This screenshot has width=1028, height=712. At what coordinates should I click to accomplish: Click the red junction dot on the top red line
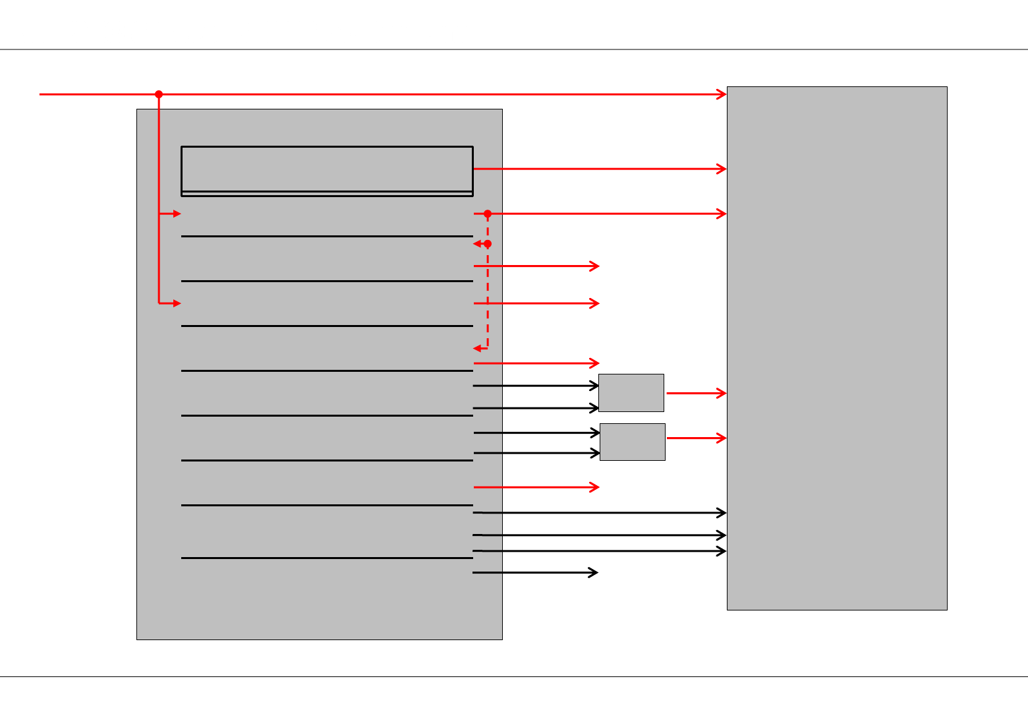159,94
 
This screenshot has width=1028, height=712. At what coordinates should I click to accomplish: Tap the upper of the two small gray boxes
631,393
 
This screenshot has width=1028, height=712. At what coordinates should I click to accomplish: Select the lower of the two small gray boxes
632,442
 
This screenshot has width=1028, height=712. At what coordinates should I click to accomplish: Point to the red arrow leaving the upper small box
696,393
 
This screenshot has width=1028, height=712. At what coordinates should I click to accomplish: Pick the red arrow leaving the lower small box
696,438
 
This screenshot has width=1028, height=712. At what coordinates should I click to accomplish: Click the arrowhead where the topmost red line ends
722,94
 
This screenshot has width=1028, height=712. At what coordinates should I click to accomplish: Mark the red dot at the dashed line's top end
488,214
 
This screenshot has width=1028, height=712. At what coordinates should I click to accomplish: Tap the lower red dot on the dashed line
488,244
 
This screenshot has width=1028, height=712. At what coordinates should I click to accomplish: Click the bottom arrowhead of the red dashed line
477,348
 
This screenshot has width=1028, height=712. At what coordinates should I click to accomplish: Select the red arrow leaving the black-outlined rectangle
600,169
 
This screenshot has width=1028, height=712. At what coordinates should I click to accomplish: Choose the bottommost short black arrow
535,572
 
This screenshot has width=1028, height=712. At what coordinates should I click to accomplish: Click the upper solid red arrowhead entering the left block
177,214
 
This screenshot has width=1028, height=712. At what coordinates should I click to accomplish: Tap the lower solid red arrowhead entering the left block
177,303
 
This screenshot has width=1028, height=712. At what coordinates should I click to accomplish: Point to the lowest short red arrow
536,487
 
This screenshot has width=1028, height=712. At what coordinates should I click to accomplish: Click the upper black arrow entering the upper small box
535,386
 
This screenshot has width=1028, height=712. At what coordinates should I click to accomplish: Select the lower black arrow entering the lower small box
536,453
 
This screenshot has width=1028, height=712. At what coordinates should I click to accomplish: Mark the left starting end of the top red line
41,94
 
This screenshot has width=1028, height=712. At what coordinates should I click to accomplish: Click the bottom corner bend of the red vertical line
159,303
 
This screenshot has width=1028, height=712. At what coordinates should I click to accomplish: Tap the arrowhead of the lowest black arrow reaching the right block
722,551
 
